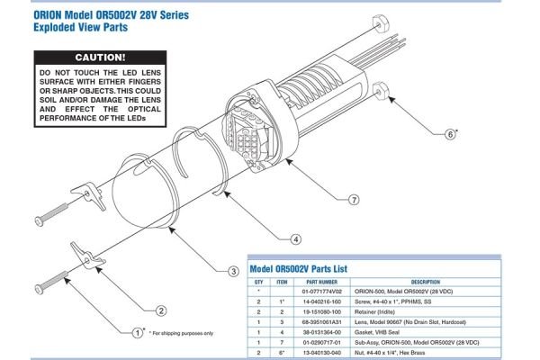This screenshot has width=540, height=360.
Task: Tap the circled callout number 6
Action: click(449, 134)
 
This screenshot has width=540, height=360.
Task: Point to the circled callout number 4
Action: click(295, 238)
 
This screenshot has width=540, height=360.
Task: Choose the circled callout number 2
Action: click(161, 310)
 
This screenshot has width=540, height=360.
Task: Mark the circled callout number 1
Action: click(138, 332)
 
